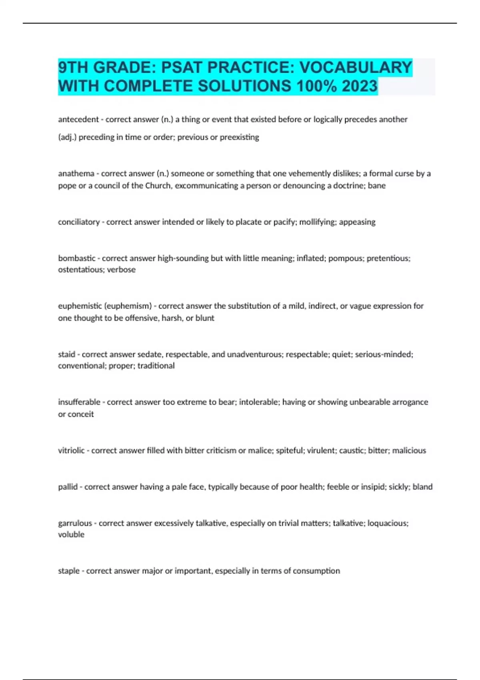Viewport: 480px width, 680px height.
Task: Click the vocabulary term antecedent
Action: [78, 119]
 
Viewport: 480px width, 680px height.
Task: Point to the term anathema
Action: [76, 174]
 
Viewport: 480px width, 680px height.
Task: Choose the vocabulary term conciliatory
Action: [79, 222]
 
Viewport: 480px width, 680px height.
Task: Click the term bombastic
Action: [77, 258]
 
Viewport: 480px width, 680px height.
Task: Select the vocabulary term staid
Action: [67, 354]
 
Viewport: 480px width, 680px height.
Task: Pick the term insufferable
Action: [79, 402]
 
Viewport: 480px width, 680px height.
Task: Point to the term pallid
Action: [68, 487]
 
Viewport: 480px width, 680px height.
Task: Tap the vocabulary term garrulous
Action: [75, 523]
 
